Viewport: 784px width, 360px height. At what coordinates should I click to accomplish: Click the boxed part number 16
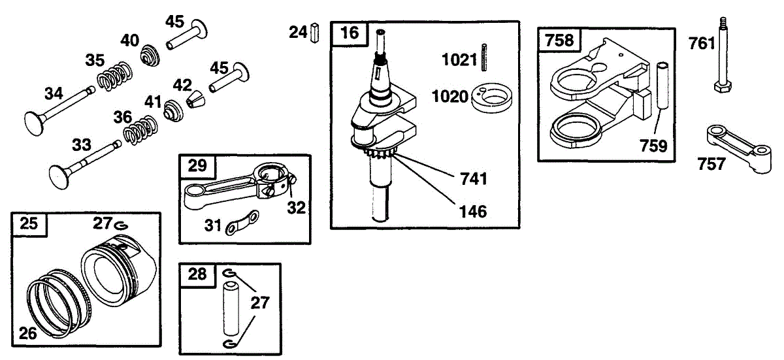pyautogui.click(x=350, y=33)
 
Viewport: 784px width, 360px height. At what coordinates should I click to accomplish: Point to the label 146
pyautogui.click(x=473, y=211)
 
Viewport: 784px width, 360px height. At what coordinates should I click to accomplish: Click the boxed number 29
pyautogui.click(x=197, y=167)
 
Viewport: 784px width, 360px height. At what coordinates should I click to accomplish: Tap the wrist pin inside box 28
pyautogui.click(x=233, y=307)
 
